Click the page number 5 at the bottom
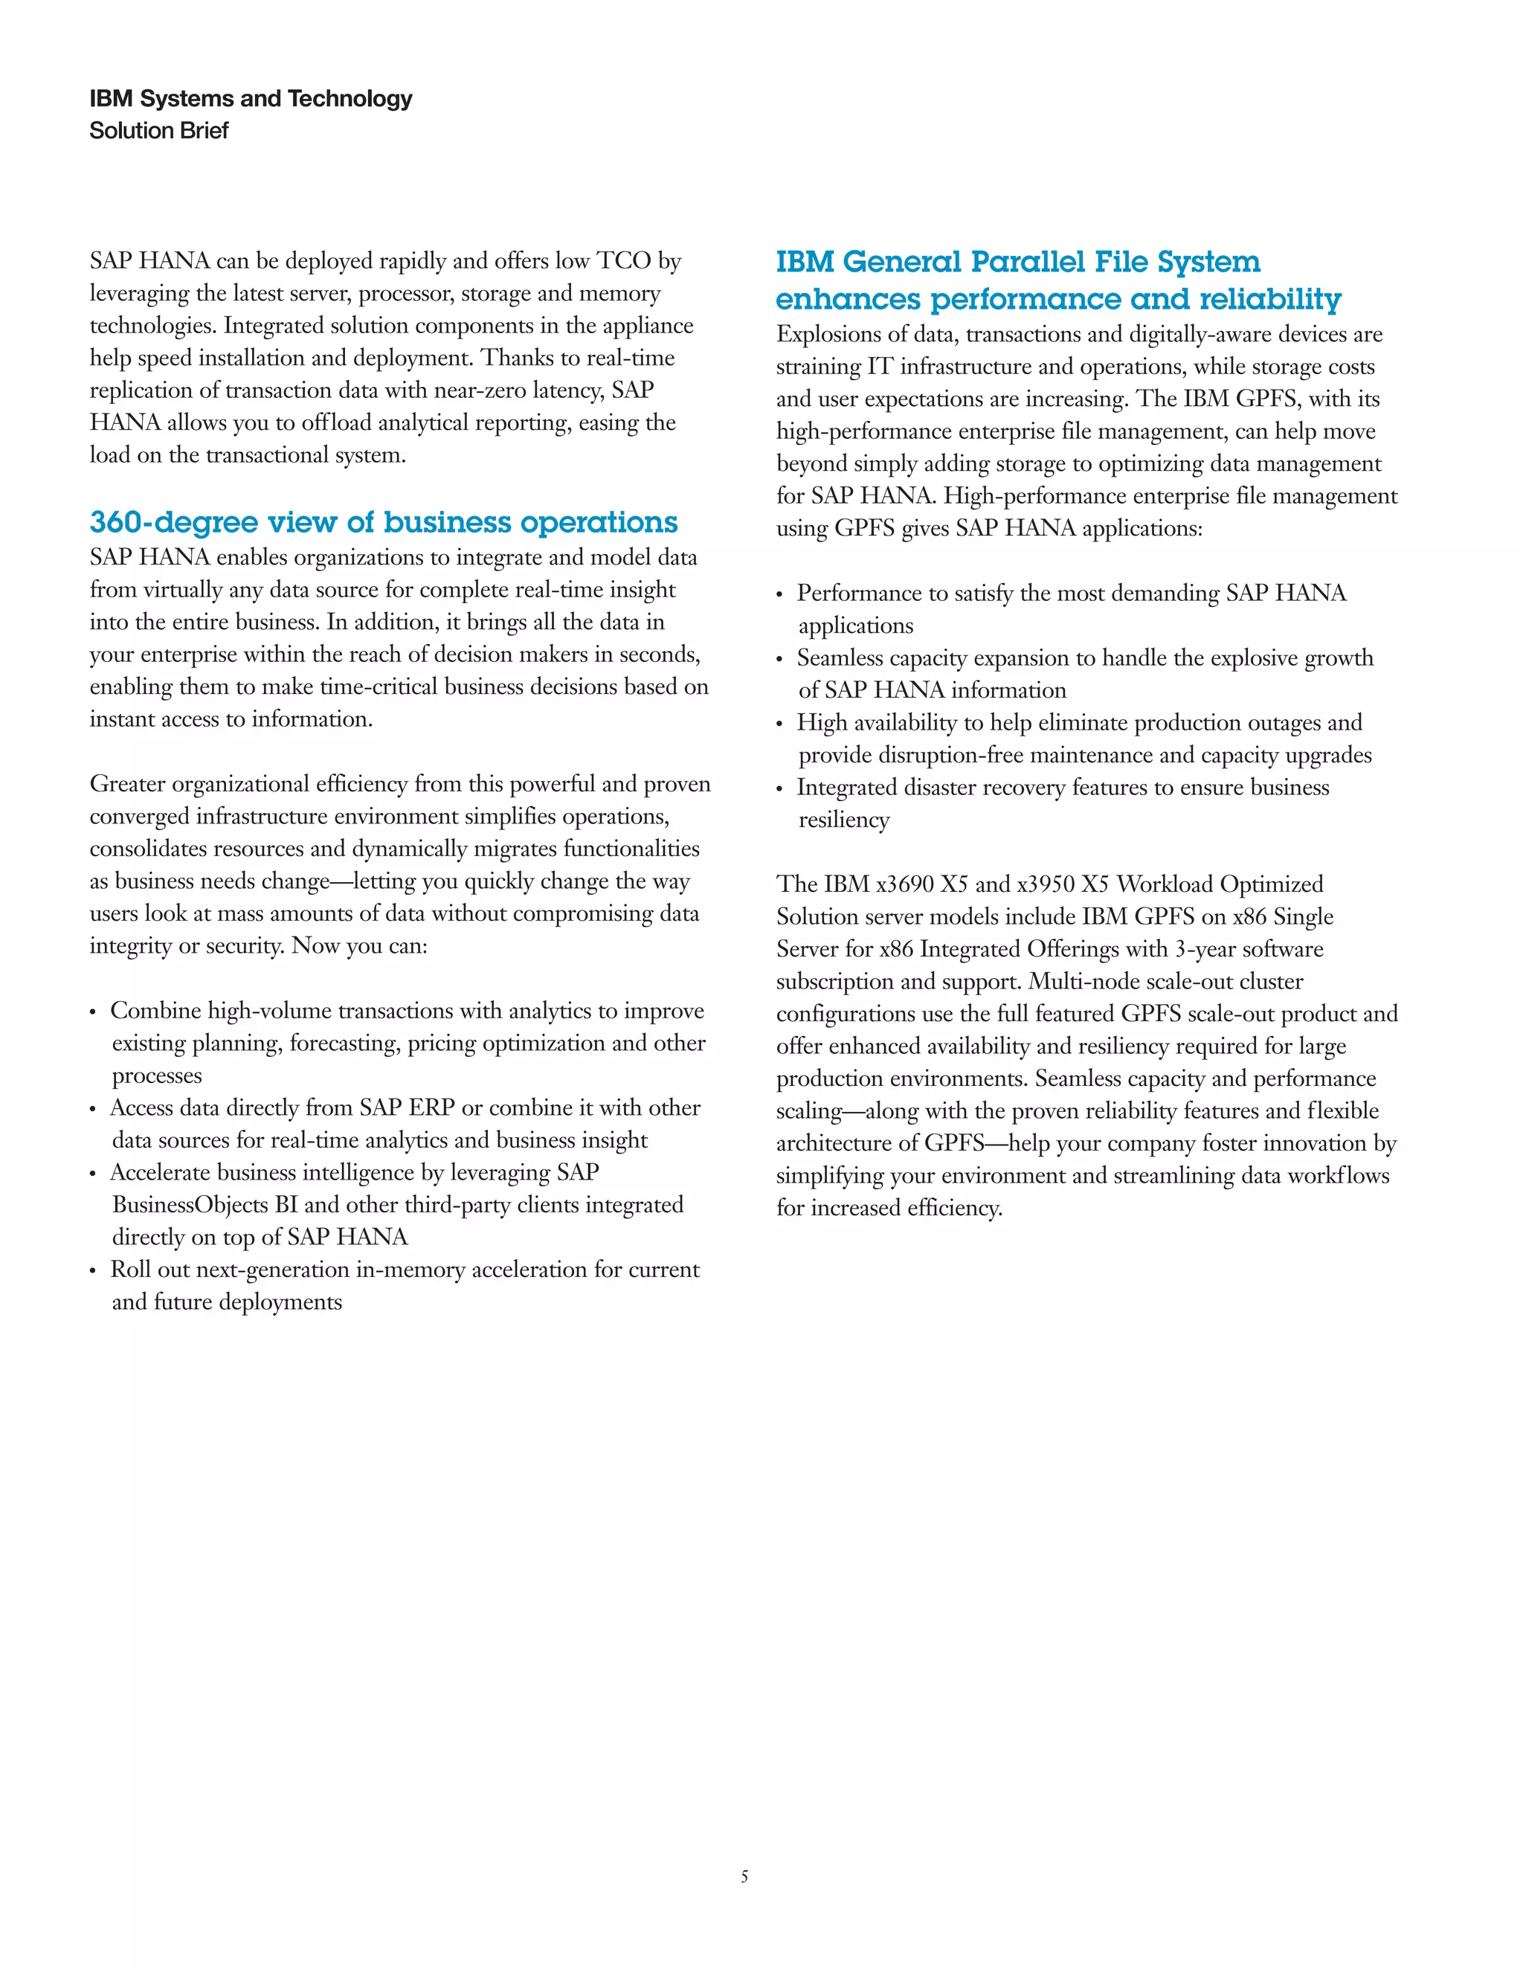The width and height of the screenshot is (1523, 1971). (x=744, y=1877)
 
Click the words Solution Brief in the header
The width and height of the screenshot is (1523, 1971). (x=159, y=131)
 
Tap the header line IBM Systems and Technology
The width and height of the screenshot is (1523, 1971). (x=251, y=98)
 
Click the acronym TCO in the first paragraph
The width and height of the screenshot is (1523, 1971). (x=623, y=261)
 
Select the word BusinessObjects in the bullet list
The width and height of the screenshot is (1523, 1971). (x=190, y=1205)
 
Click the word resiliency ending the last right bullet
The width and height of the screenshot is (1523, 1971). (x=843, y=820)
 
